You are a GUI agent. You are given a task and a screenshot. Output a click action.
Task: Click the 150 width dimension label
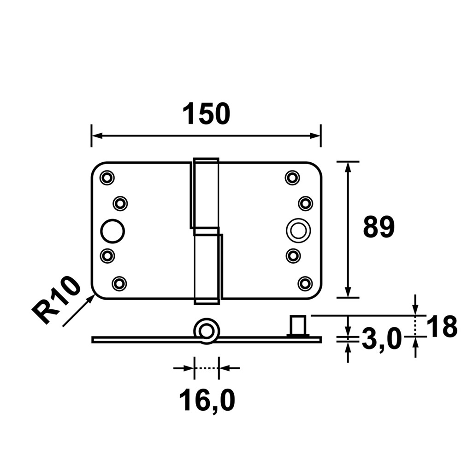207,114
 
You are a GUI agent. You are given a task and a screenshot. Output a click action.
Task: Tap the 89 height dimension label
378,227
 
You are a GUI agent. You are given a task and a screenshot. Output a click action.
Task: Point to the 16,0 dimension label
207,400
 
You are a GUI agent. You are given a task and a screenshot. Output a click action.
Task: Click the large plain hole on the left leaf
112,231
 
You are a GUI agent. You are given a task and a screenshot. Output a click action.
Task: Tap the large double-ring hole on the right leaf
298,230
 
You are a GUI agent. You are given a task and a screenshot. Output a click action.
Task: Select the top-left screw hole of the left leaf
107,177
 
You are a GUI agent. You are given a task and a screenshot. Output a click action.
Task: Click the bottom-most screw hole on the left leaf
119,284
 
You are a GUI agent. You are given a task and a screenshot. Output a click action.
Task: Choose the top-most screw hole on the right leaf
292,177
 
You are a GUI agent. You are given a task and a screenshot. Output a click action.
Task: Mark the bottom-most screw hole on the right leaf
305,284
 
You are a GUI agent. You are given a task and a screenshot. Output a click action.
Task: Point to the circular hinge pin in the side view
207,331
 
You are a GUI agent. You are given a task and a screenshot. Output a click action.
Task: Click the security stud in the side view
298,325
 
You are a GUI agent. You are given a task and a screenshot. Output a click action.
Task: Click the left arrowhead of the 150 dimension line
97,136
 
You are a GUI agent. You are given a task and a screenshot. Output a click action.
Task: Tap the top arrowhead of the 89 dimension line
348,167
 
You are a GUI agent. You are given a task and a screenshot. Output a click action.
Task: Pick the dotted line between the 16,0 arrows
207,368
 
